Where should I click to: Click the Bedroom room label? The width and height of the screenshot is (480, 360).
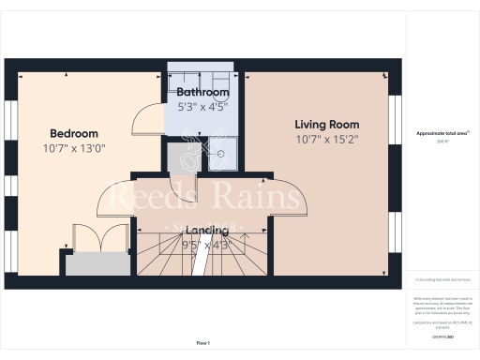pyautogui.click(x=72, y=132)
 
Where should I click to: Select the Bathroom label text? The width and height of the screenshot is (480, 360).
pyautogui.click(x=202, y=93)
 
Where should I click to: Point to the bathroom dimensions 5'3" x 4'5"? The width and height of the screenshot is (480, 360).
pyautogui.click(x=202, y=107)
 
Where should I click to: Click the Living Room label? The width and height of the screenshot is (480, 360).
pyautogui.click(x=326, y=125)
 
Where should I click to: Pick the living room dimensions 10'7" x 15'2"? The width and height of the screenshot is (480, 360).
pyautogui.click(x=326, y=140)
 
